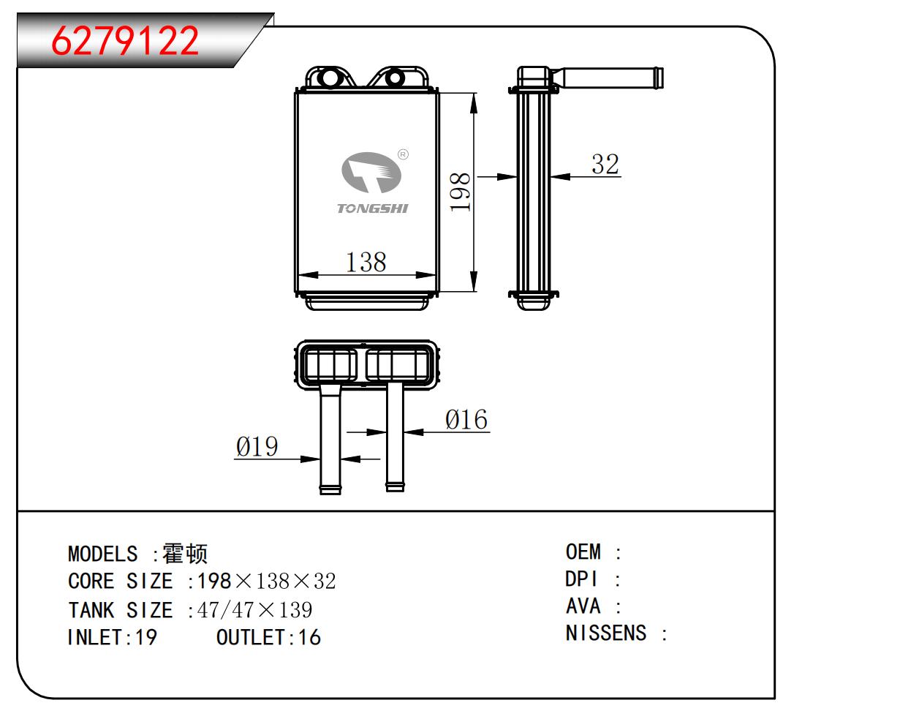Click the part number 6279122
(x=125, y=41)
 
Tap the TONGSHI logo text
(x=372, y=208)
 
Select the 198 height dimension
(x=460, y=192)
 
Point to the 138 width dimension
(x=366, y=262)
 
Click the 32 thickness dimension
(x=605, y=164)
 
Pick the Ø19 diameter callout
(x=257, y=446)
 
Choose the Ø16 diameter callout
(x=466, y=420)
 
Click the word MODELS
(x=102, y=554)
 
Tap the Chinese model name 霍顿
(x=185, y=554)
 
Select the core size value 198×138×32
(x=267, y=582)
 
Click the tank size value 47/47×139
(x=255, y=610)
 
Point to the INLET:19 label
(x=112, y=637)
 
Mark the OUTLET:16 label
(x=268, y=637)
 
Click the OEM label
(x=583, y=552)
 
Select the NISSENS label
(x=606, y=633)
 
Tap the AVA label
(x=583, y=606)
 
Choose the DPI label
(x=582, y=579)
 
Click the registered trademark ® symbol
(x=403, y=154)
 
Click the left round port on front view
(x=329, y=77)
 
